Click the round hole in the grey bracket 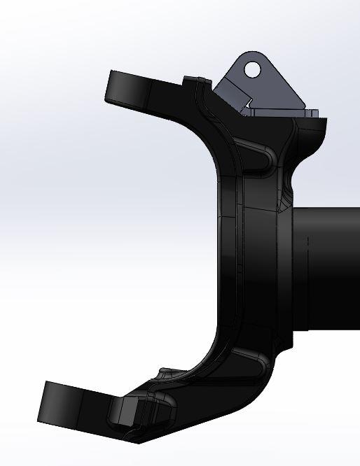[x=253, y=69]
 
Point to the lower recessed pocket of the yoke [x=245, y=364]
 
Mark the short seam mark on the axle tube [x=307, y=241]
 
